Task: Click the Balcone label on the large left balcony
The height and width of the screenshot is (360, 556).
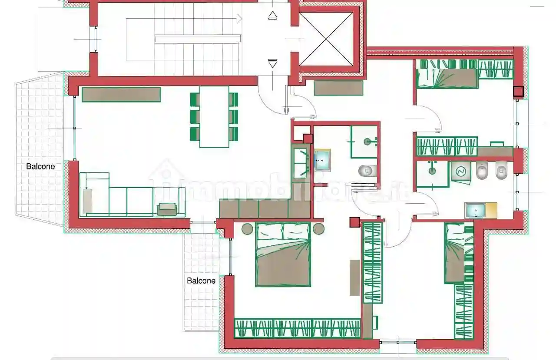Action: [x=40, y=166]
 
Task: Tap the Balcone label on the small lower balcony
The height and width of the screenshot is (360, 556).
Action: [x=201, y=281]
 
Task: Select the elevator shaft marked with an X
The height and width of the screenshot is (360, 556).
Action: [x=326, y=39]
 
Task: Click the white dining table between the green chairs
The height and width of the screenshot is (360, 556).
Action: [x=214, y=117]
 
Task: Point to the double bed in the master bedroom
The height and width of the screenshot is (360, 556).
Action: [x=283, y=255]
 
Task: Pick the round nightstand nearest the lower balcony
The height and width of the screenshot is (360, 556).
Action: [x=247, y=229]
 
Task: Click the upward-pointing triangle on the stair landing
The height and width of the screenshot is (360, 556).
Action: [x=272, y=15]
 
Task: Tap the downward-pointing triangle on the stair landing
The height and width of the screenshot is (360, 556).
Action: [x=272, y=63]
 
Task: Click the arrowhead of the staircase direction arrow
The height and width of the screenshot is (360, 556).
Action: [x=239, y=19]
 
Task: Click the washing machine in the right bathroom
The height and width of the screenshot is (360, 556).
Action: [x=461, y=171]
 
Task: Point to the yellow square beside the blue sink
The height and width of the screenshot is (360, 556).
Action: [x=491, y=210]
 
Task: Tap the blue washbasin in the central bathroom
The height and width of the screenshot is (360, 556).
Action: [x=322, y=160]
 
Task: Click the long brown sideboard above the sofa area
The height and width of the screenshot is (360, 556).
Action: [x=121, y=94]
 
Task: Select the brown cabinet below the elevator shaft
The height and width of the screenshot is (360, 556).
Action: [x=338, y=88]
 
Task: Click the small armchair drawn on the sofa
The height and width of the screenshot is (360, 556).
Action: [x=167, y=209]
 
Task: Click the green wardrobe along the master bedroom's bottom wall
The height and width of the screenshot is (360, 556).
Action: [x=297, y=328]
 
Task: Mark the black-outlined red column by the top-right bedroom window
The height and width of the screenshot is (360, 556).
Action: [x=518, y=91]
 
